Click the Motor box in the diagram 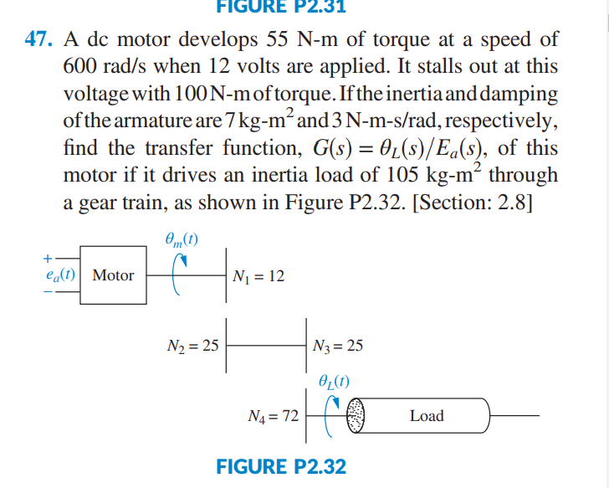[x=113, y=275]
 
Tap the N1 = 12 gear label [x=259, y=275]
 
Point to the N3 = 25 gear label [x=337, y=344]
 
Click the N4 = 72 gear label [x=274, y=415]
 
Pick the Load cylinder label [x=427, y=416]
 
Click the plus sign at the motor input [x=49, y=257]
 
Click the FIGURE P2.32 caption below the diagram [x=280, y=466]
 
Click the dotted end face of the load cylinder [x=357, y=416]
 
